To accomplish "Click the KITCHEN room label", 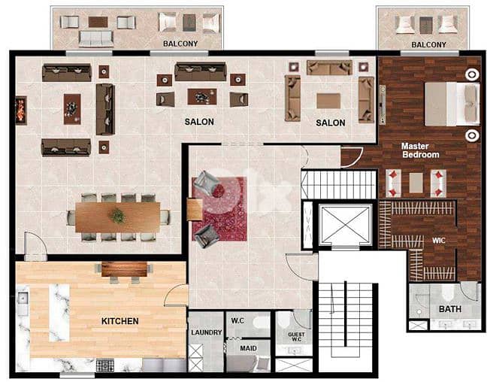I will (x=119, y=321).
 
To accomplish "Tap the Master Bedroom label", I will (x=419, y=150).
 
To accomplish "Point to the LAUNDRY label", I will (x=206, y=332).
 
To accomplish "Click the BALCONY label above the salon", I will (x=180, y=44).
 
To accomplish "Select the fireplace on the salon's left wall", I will (x=21, y=110).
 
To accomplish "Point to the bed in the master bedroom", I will (x=451, y=104).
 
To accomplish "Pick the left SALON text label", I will (x=199, y=122).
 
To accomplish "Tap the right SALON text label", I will (x=330, y=123).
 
